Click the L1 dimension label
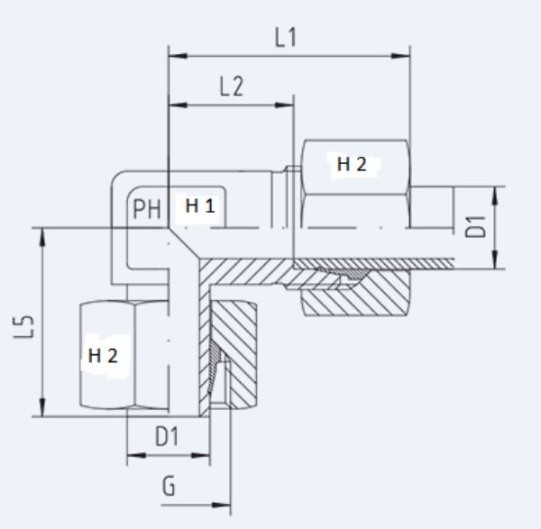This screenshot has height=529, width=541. click(x=286, y=38)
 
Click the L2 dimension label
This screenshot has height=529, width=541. click(x=232, y=87)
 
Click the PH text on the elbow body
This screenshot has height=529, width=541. click(x=146, y=210)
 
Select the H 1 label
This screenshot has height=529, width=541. click(x=200, y=206)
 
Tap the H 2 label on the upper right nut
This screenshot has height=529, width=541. click(x=352, y=165)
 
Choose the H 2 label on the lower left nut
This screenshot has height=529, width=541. click(x=103, y=355)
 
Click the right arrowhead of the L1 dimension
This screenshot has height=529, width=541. click(x=405, y=56)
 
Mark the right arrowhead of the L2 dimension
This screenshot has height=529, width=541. click(x=289, y=106)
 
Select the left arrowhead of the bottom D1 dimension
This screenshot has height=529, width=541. click(x=132, y=455)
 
